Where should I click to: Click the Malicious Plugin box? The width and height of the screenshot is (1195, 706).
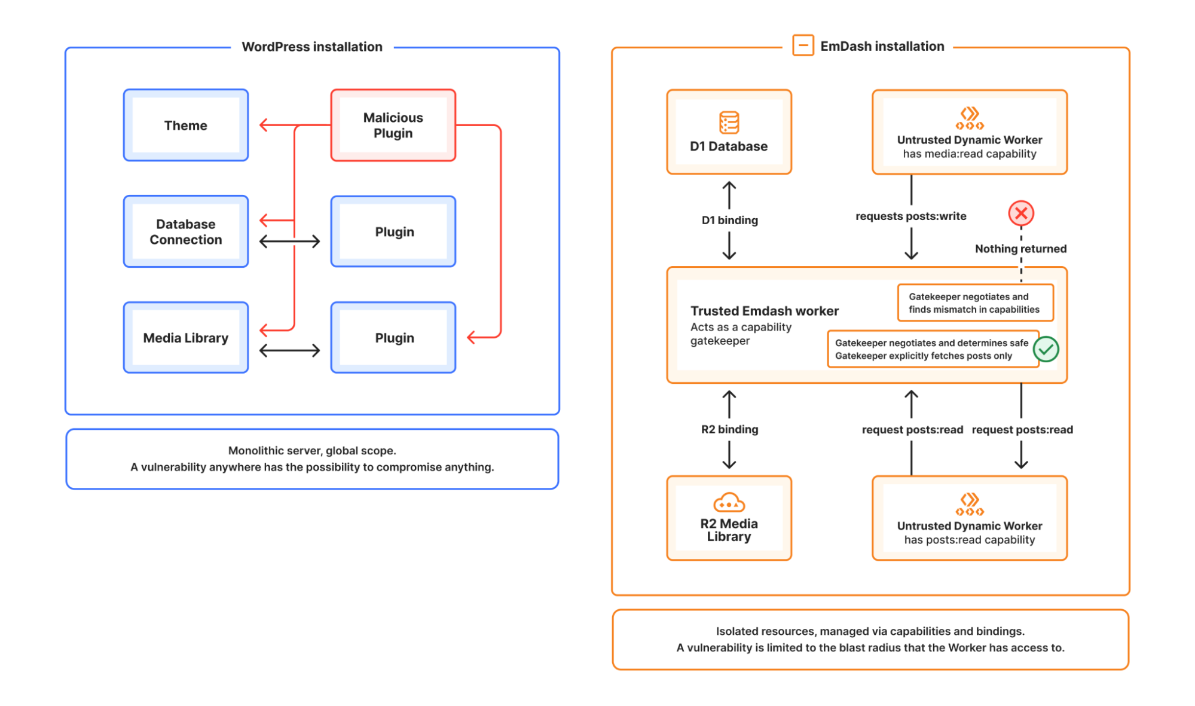(x=393, y=126)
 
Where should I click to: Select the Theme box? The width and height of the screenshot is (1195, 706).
(x=185, y=126)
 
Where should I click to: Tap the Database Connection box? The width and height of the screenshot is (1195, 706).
(x=185, y=231)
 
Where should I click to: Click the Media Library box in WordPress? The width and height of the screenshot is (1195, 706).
(x=185, y=338)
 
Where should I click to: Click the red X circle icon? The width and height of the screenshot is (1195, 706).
(x=1021, y=213)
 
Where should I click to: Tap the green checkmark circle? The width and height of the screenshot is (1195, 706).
(x=1046, y=349)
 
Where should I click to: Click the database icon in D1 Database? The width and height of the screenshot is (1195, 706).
(x=729, y=123)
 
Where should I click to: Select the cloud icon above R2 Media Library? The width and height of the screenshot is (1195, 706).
(x=729, y=503)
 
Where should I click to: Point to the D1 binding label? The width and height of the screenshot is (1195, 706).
(x=729, y=220)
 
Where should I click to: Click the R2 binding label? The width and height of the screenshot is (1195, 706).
(x=729, y=429)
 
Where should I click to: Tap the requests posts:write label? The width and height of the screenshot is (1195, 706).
(x=910, y=216)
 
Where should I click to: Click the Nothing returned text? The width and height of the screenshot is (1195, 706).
(x=1020, y=249)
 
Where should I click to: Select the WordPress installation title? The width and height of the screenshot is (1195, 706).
(x=311, y=47)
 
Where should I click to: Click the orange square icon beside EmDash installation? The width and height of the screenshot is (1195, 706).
(x=803, y=45)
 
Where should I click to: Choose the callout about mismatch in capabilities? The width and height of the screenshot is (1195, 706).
(x=974, y=303)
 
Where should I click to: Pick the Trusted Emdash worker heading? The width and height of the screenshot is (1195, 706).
(x=764, y=311)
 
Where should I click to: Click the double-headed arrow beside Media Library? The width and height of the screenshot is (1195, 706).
(x=290, y=350)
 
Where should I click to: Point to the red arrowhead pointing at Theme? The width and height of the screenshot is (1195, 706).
(x=264, y=126)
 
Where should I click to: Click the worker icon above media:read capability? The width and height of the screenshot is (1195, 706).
(x=969, y=118)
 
